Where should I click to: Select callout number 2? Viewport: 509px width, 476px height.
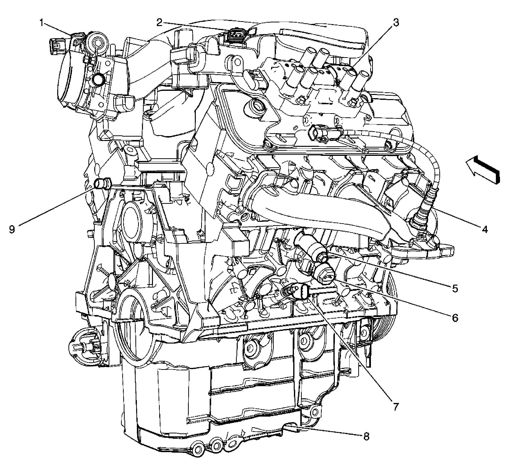point(159,23)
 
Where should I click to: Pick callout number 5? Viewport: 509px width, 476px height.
point(454,288)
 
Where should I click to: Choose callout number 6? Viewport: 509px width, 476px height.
point(454,318)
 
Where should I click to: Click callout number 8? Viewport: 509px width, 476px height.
point(366,436)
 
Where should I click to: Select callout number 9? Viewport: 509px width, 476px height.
point(12,229)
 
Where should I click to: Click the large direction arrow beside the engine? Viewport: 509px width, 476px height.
point(483,170)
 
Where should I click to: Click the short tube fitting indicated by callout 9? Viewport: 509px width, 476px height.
point(103,184)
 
